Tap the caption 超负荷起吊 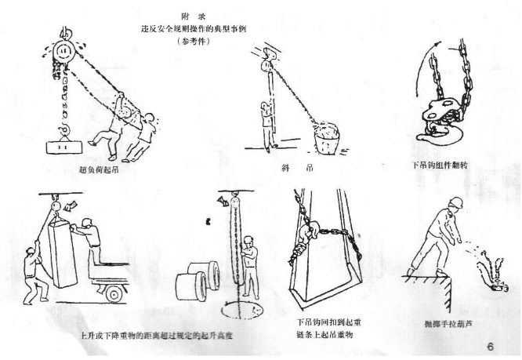pyautogui.click(x=103, y=169)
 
